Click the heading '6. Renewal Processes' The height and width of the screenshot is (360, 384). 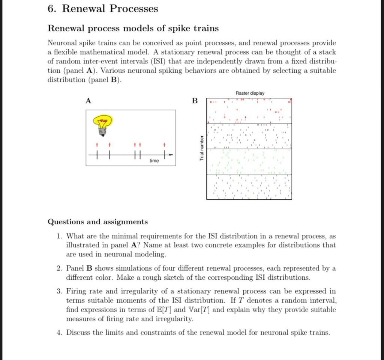pyautogui.click(x=103, y=9)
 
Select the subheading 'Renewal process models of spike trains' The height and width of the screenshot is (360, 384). pyautogui.click(x=133, y=29)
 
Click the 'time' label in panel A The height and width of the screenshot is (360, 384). pyautogui.click(x=154, y=161)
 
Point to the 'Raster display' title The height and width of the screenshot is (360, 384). pyautogui.click(x=250, y=93)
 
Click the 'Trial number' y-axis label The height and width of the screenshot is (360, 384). pyautogui.click(x=201, y=148)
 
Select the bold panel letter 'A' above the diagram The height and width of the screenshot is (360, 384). pyautogui.click(x=88, y=101)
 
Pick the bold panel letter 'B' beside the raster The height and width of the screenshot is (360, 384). pyautogui.click(x=194, y=101)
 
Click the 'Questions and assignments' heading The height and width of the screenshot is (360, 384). pyautogui.click(x=97, y=222)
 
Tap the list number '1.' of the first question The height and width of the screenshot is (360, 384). pyautogui.click(x=60, y=236)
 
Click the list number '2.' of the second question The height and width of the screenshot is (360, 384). pyautogui.click(x=60, y=268)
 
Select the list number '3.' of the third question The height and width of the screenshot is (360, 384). pyautogui.click(x=60, y=291)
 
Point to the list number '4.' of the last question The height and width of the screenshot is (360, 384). pyautogui.click(x=60, y=333)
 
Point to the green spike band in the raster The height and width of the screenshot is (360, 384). pyautogui.click(x=249, y=162)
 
